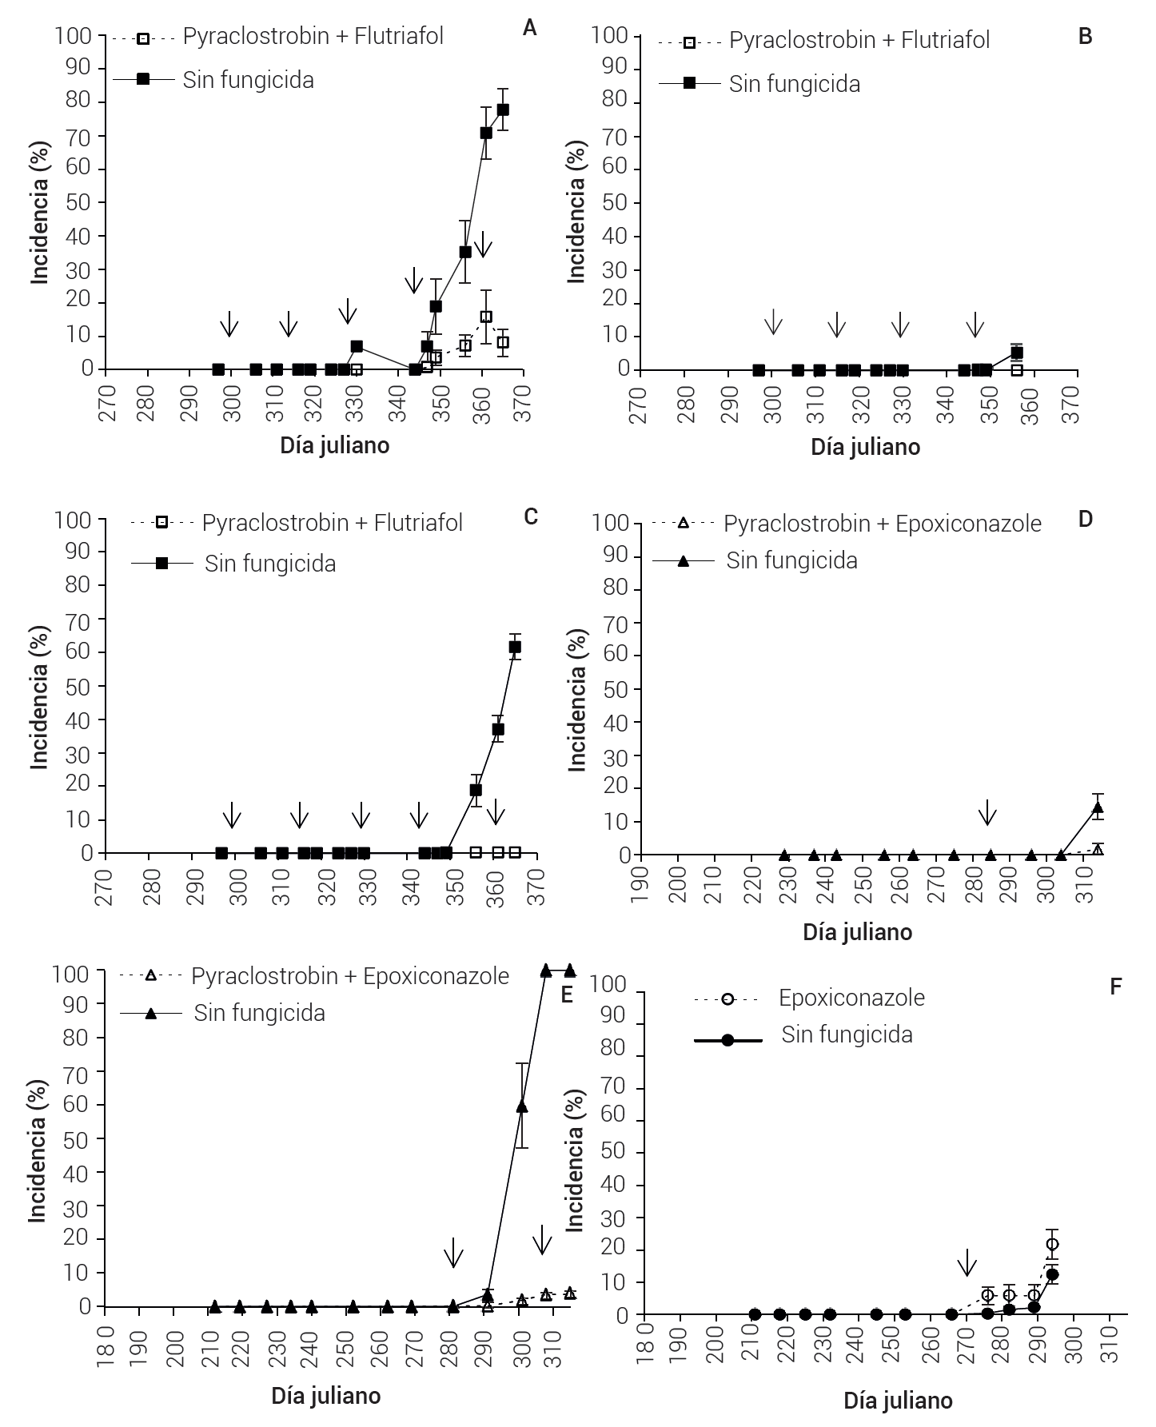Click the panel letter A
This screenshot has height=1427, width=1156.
click(x=529, y=29)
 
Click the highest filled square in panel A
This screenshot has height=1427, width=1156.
click(x=503, y=110)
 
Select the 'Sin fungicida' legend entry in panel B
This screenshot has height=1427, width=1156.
click(x=794, y=85)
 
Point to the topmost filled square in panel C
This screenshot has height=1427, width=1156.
click(x=515, y=647)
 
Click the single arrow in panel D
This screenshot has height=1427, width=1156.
click(x=988, y=811)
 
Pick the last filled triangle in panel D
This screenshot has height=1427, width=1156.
click(x=1098, y=807)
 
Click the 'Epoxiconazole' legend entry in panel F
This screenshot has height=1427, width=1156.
click(x=851, y=998)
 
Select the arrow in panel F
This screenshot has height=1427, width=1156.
click(x=967, y=1262)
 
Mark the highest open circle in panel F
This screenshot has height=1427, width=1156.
click(x=1053, y=1244)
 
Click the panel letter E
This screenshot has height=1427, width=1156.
click(x=567, y=995)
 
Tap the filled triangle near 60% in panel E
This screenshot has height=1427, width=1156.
click(x=522, y=1106)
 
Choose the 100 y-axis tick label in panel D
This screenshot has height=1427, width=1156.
click(x=613, y=523)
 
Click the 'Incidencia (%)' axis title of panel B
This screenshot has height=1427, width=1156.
click(x=576, y=213)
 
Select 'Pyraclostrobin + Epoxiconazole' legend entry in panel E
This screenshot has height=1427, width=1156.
click(x=349, y=976)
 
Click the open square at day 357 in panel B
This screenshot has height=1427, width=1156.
click(x=1017, y=369)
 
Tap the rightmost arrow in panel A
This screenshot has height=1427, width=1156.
click(x=482, y=245)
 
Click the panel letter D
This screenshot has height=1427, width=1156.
click(x=1085, y=519)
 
